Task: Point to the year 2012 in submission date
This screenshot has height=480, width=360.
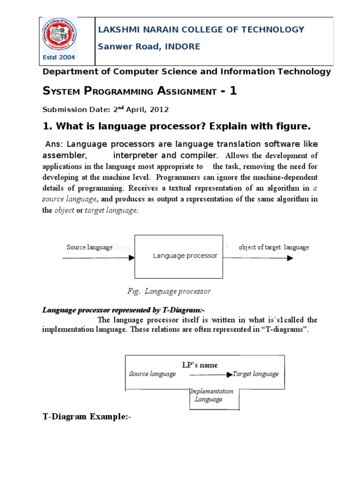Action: tap(159, 110)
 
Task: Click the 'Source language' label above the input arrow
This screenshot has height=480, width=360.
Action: tap(89, 247)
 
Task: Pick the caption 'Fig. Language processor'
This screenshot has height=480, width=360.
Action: tap(169, 291)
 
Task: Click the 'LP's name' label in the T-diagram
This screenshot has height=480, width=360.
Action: tap(200, 365)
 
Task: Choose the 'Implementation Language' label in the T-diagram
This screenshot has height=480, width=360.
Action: tap(210, 395)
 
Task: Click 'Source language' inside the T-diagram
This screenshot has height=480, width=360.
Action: tap(152, 374)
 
